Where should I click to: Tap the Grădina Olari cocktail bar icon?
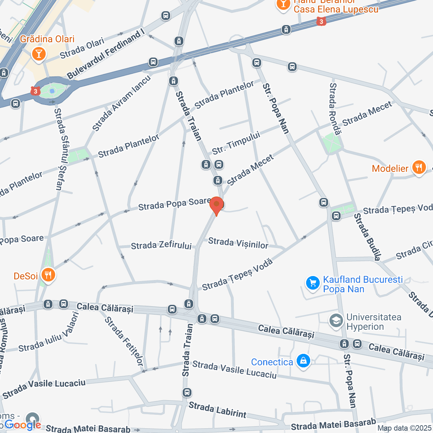point(39,53)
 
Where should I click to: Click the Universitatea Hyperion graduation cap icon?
point(336,321)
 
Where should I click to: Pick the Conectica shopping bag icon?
point(303,361)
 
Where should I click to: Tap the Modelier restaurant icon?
point(419,167)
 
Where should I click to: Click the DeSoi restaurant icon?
point(48,275)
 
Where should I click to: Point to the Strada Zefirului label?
point(161,246)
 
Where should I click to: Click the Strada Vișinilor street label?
point(238,243)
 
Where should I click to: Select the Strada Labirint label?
point(218,410)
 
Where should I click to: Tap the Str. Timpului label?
point(236,143)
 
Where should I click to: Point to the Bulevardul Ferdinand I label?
point(106,54)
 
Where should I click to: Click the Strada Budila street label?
point(367,237)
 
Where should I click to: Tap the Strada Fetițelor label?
point(124,341)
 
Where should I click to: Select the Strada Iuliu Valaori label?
point(49,332)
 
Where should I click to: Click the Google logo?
point(23,425)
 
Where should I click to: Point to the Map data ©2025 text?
point(405,428)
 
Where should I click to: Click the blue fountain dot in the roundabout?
point(52,91)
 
